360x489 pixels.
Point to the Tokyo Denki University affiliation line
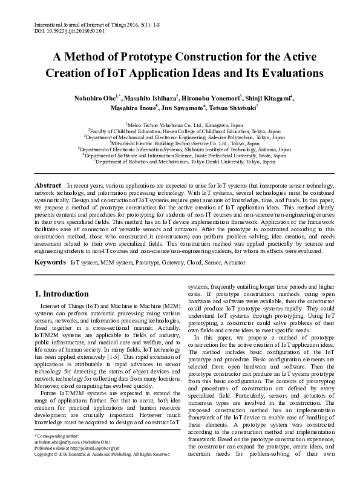[x=179, y=162]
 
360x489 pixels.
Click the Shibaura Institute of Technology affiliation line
[x=180, y=150]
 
